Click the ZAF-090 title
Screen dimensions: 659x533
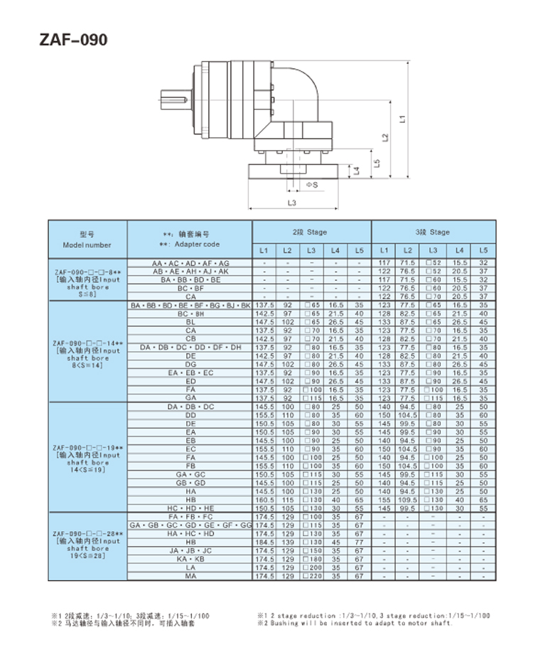74,40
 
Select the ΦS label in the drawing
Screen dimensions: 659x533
311,185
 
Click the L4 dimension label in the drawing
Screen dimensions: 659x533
358,171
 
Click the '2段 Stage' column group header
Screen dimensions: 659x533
311,232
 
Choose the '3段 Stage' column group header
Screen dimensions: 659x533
433,232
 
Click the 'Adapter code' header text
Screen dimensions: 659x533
189,244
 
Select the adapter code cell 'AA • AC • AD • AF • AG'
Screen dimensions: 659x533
190,263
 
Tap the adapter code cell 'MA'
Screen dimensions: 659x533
190,576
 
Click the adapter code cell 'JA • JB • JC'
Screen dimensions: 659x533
190,550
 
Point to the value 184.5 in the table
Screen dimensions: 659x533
264,542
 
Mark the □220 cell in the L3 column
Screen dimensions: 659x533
311,576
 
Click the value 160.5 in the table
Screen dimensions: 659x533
264,500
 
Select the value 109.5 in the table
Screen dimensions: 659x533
407,500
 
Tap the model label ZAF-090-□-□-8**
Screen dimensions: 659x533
87,272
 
